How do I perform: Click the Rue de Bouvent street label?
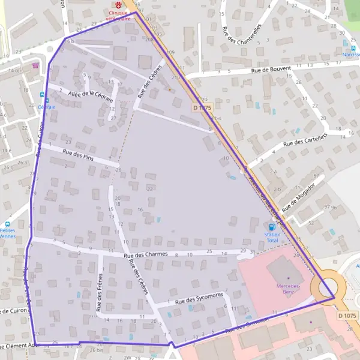(271, 70)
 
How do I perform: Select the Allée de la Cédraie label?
(91, 96)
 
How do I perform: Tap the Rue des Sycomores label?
(199, 297)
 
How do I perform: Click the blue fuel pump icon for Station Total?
(273, 227)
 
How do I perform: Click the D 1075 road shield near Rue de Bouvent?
(203, 107)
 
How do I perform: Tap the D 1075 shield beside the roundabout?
(347, 316)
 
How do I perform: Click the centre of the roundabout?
(326, 287)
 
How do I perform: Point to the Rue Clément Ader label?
(18, 346)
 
